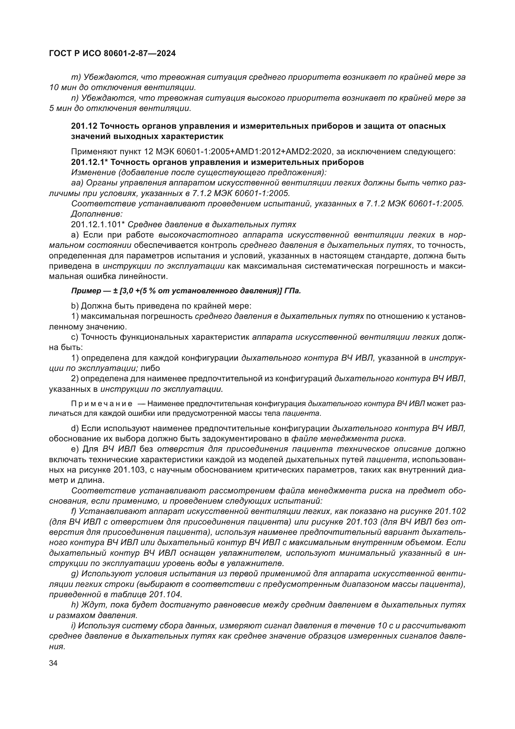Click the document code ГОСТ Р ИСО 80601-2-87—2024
pyautogui.click(x=112, y=54)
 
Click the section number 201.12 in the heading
pyautogui.click(x=84, y=126)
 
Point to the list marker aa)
pyautogui.click(x=77, y=183)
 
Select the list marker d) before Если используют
pyautogui.click(x=75, y=428)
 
